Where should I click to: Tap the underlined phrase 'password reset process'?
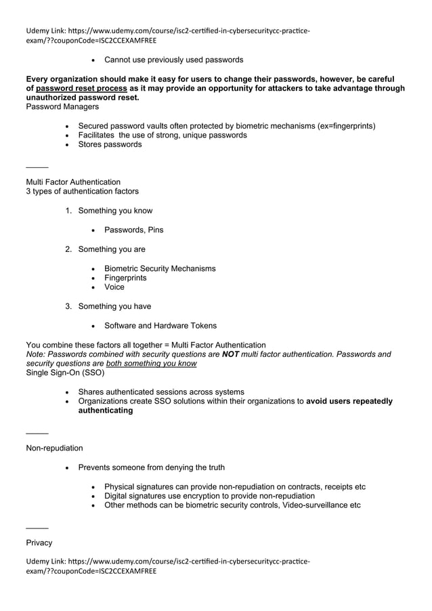81,88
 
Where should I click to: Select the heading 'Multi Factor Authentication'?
73,182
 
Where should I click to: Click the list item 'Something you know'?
115,211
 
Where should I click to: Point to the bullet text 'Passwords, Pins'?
133,230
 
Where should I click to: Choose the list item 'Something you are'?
112,249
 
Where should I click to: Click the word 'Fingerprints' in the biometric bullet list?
125,278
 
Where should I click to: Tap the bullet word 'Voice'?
114,287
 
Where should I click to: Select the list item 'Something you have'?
114,306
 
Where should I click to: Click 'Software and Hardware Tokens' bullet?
160,325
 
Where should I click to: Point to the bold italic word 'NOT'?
231,354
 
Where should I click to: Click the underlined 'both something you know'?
151,364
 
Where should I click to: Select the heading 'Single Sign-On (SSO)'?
65,373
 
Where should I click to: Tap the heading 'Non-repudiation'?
54,448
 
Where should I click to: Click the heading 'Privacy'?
39,543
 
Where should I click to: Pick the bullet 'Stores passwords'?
110,144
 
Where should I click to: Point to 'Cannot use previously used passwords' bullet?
173,60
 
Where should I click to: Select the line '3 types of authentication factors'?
82,191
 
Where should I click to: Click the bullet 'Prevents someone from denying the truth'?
151,467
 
